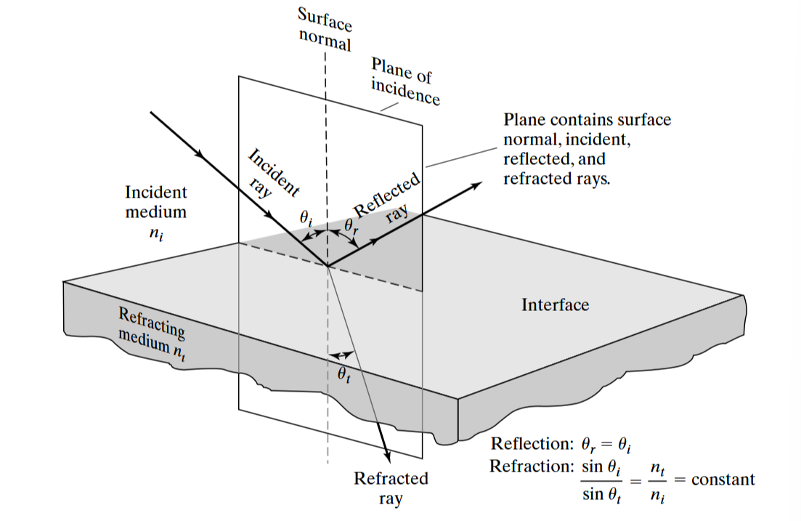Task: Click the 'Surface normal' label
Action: (325, 30)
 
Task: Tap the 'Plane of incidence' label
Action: (405, 81)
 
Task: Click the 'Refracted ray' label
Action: (391, 489)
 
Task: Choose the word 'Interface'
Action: (555, 305)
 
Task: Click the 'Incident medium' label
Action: (155, 203)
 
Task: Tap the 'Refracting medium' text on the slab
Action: (150, 331)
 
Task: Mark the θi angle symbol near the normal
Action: (304, 217)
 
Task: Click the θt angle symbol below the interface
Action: (343, 375)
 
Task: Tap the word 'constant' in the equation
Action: (723, 480)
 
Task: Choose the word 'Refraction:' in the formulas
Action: (532, 467)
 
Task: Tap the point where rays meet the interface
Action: (328, 266)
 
